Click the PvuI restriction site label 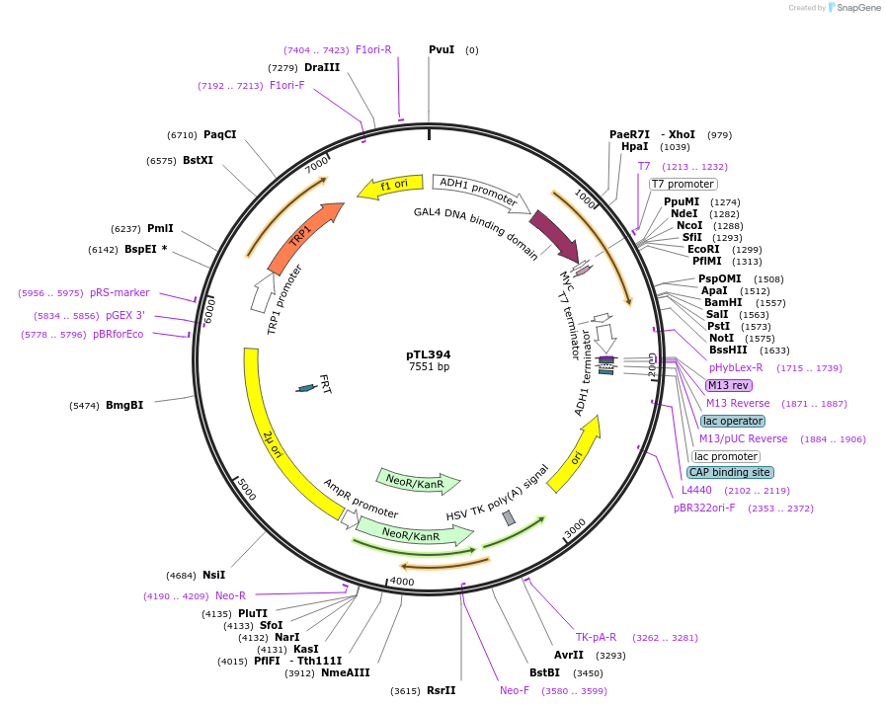(x=442, y=49)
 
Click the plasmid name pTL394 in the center (x=429, y=354)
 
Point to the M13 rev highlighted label (x=728, y=385)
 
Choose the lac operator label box (x=733, y=421)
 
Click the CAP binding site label (x=730, y=472)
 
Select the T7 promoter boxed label (x=683, y=184)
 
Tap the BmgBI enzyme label (x=124, y=405)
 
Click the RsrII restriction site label (x=441, y=690)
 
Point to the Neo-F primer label (x=515, y=690)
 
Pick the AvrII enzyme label (x=569, y=655)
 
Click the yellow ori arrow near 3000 (x=573, y=455)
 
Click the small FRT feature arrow (x=308, y=388)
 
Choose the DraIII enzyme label (x=322, y=67)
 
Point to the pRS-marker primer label (x=120, y=292)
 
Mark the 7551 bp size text (x=429, y=367)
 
